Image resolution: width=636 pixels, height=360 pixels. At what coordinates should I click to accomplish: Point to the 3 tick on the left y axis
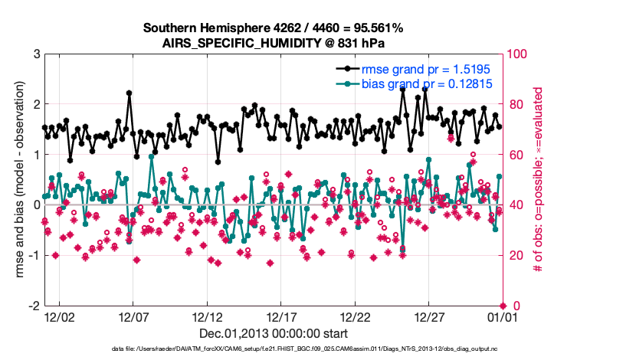point(36,54)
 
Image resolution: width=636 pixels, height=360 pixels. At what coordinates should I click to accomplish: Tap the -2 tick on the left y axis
point(34,306)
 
